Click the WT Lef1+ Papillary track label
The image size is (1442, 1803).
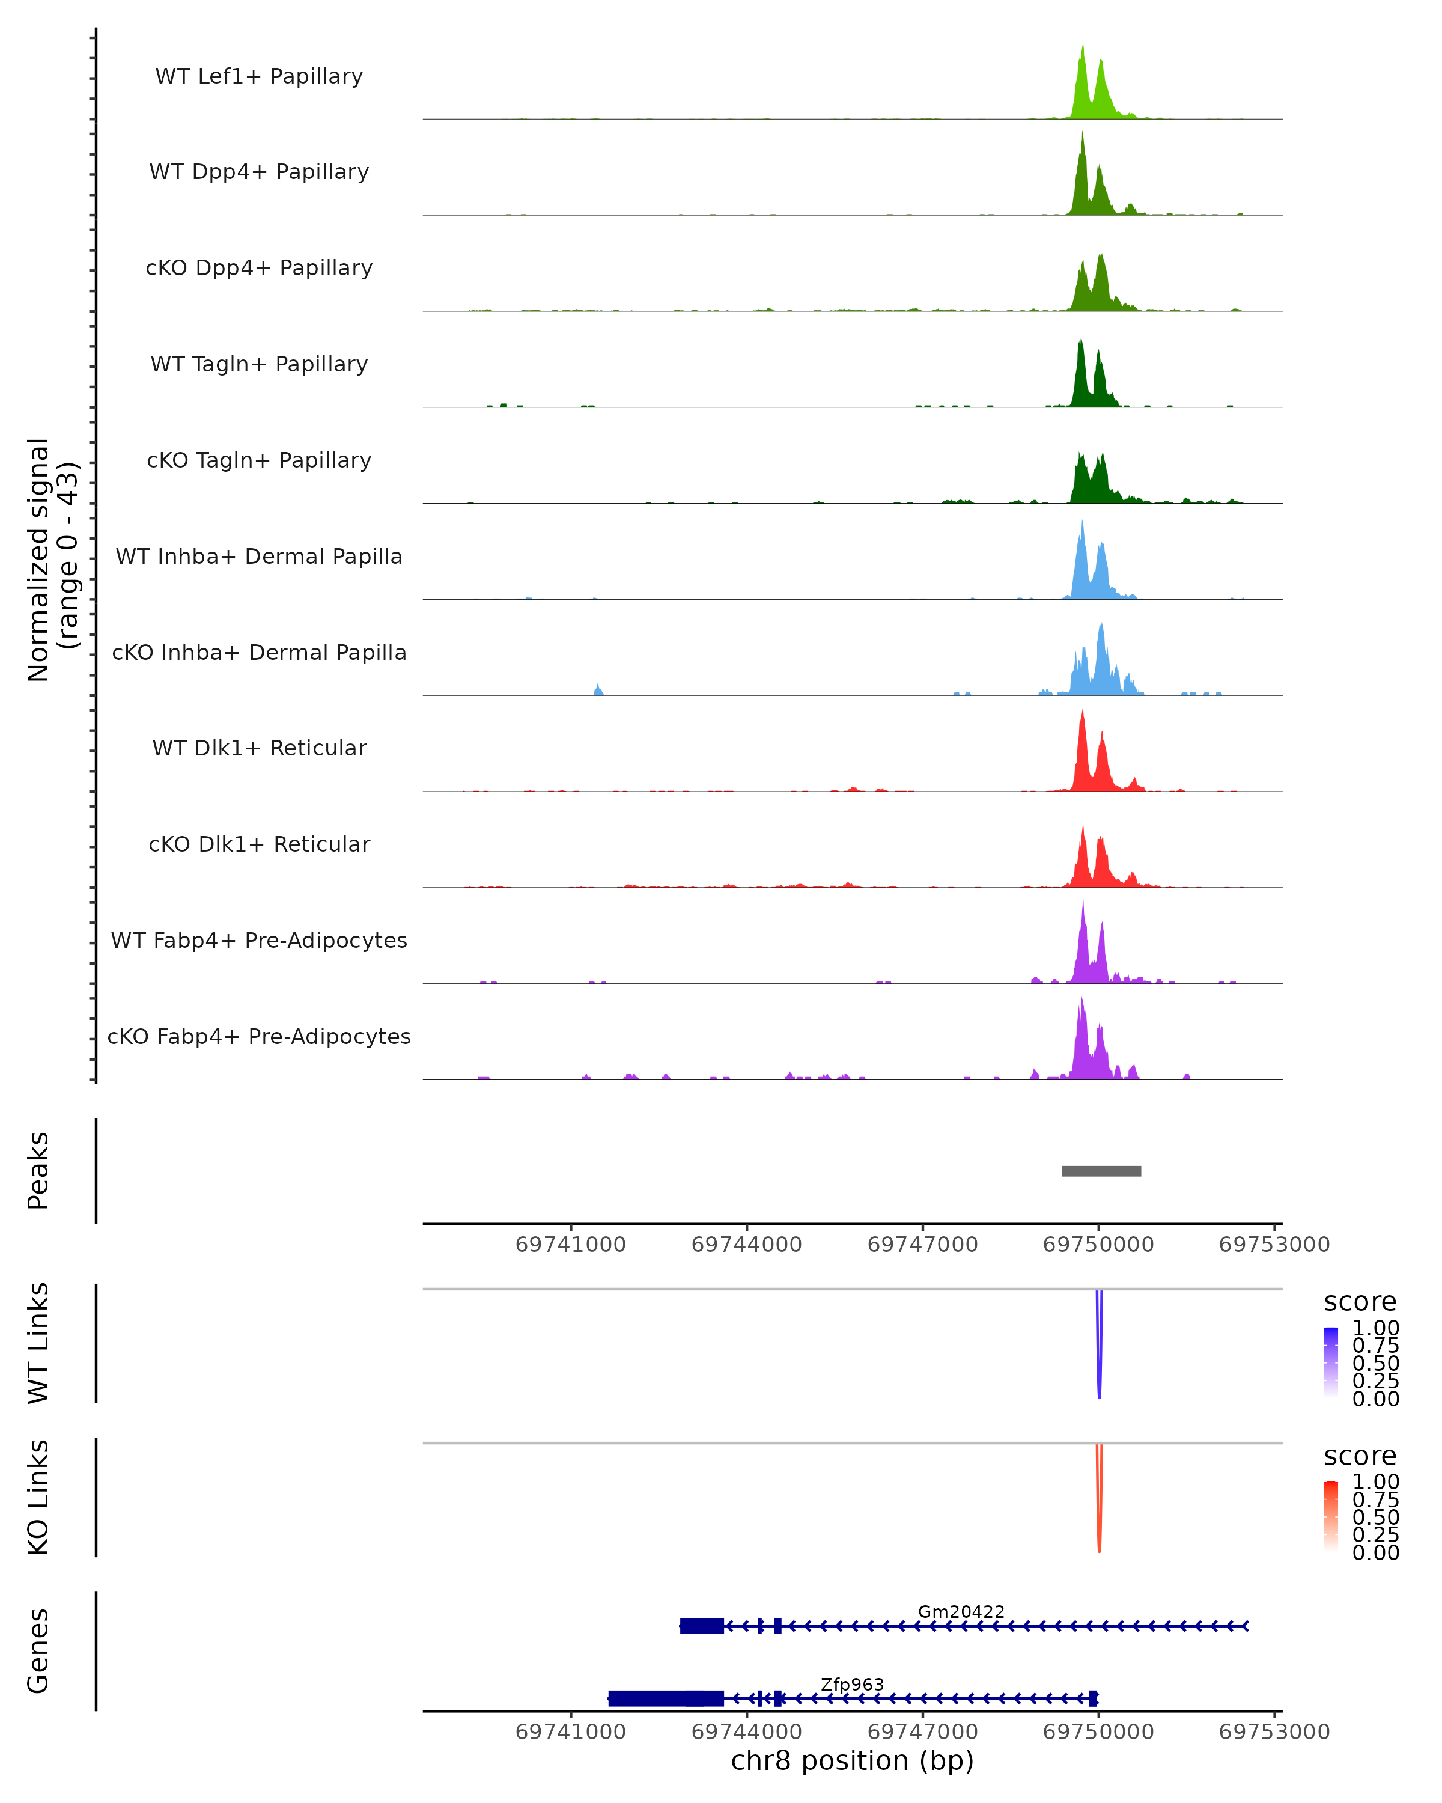(259, 76)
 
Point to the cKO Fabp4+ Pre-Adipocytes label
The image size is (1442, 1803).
(259, 1036)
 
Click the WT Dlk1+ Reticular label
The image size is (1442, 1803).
(259, 748)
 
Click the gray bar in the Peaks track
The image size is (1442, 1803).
(1101, 1171)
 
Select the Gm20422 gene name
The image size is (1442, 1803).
(961, 1611)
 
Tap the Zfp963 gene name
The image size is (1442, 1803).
(852, 1684)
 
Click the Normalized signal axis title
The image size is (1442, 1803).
(52, 560)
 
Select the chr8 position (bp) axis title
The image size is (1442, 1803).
(852, 1760)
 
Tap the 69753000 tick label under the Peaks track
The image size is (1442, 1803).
(1273, 1245)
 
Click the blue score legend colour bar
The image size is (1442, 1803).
(1331, 1362)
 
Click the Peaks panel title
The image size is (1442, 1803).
(38, 1171)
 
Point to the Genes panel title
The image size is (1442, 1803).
(38, 1651)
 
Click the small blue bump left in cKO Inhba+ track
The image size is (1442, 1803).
(598, 690)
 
